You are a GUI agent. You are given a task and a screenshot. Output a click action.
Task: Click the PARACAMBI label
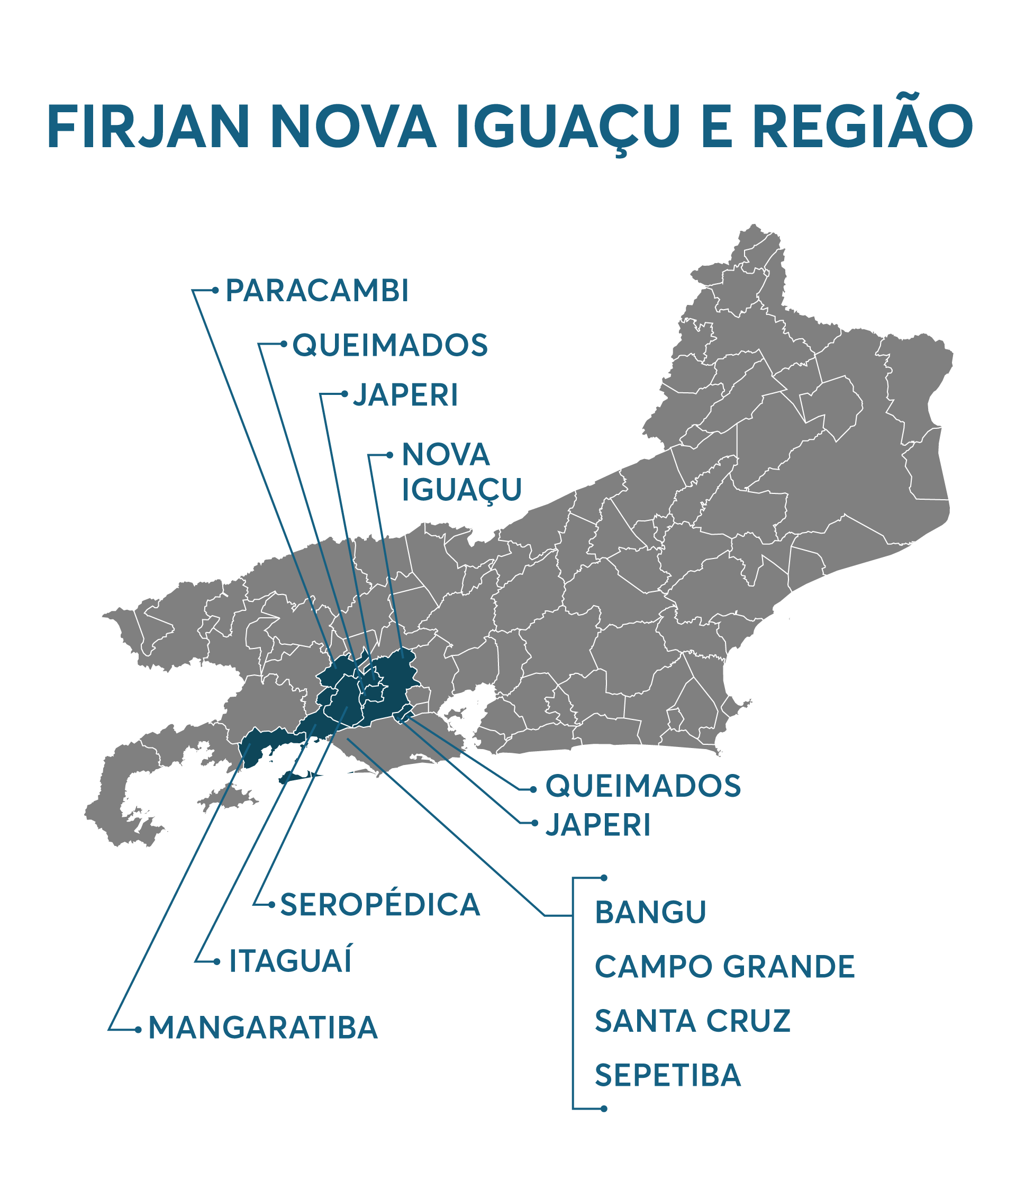(x=317, y=291)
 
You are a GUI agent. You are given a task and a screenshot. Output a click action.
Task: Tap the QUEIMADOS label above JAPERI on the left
(x=390, y=345)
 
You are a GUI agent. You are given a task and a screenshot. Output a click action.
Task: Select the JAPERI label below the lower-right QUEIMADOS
(x=597, y=825)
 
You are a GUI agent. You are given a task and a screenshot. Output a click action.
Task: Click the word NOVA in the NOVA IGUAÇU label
(x=446, y=454)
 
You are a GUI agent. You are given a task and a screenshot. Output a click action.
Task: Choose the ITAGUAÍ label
(x=291, y=961)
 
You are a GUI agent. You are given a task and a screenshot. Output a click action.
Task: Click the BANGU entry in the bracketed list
(x=650, y=912)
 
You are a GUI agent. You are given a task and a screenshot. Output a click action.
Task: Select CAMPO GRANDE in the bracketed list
(x=724, y=967)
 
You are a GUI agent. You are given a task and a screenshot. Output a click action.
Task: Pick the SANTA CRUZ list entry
(x=693, y=1021)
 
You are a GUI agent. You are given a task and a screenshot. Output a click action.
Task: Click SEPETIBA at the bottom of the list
(x=668, y=1075)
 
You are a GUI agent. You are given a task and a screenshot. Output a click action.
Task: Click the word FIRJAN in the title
(x=148, y=128)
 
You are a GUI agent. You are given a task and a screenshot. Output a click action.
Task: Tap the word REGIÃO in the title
(x=863, y=128)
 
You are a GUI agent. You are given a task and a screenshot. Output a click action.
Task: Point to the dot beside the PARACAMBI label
(x=215, y=291)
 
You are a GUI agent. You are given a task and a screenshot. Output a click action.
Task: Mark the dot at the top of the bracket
(x=604, y=878)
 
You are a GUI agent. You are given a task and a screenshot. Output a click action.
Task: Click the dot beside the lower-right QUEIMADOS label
(x=533, y=789)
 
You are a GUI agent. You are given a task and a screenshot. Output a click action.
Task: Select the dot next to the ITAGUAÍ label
(x=217, y=962)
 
